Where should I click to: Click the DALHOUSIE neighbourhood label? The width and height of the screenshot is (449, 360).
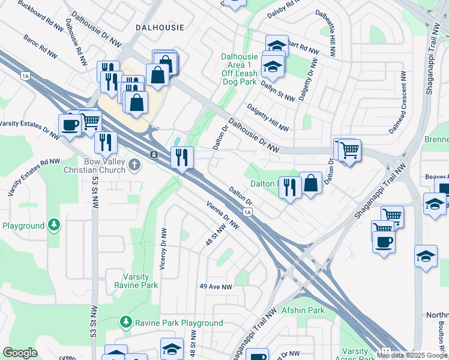point(160,28)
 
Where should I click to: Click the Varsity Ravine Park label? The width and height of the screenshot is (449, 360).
point(132,281)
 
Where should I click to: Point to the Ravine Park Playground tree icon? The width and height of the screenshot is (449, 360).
point(126,322)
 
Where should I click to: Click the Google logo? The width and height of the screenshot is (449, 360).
point(20,353)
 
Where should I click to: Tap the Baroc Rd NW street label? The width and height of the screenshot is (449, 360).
point(41,47)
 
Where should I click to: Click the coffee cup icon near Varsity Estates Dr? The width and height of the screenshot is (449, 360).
point(70,125)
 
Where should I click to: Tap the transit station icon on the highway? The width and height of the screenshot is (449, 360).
point(154,155)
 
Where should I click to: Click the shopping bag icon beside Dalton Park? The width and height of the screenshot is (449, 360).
point(311,184)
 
